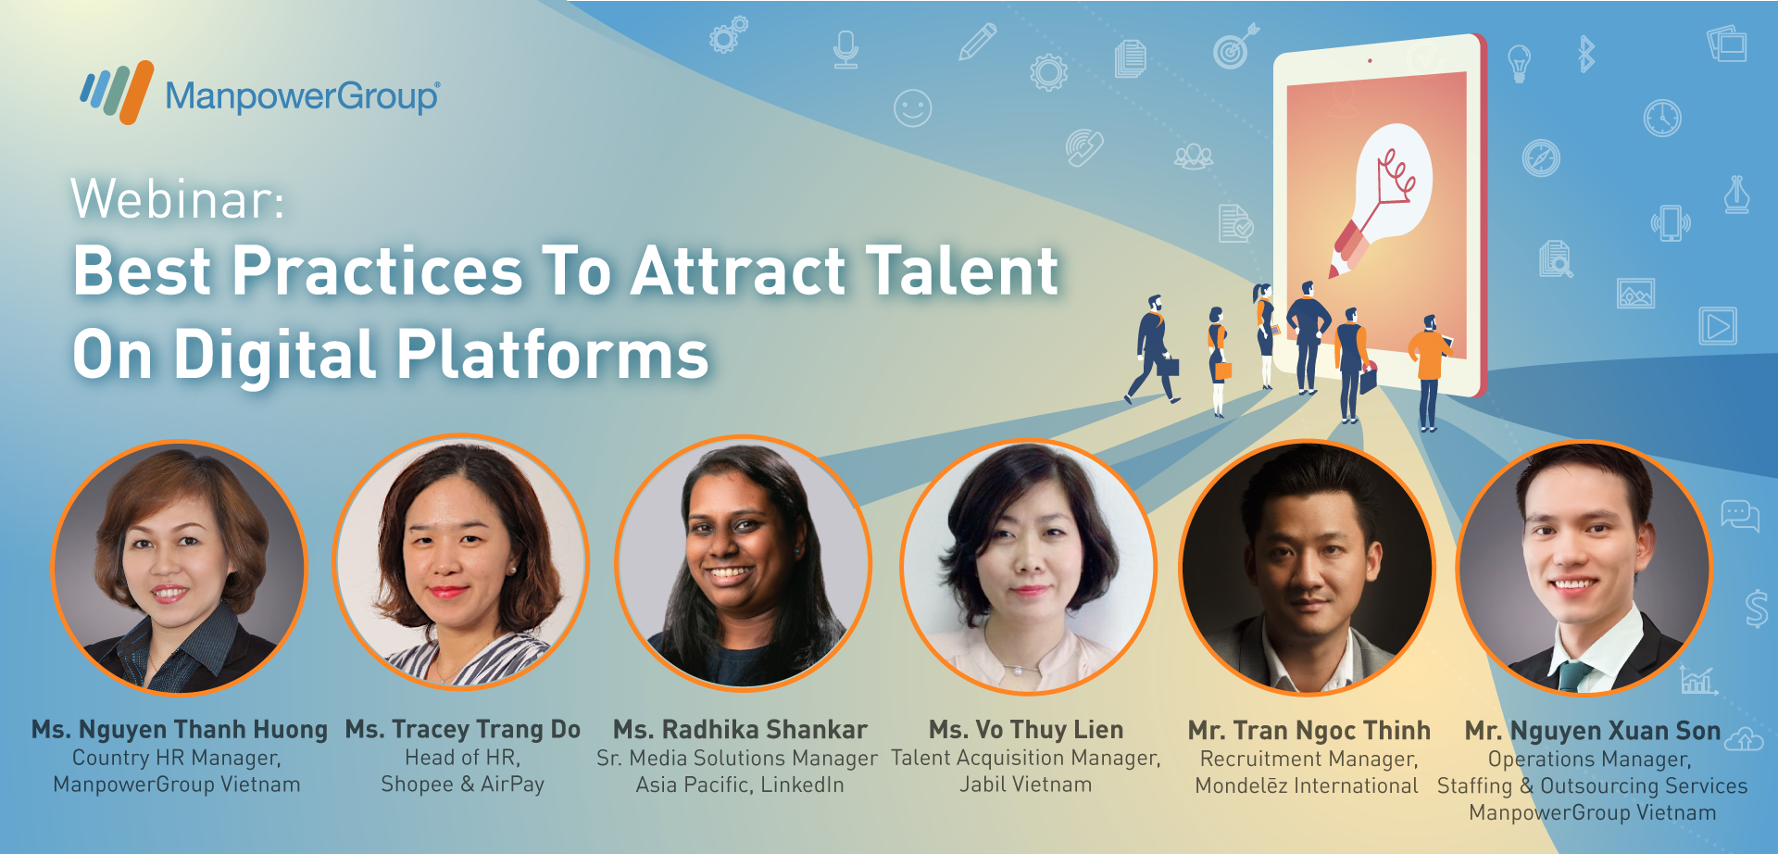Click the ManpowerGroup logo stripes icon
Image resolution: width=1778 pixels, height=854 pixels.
(x=117, y=92)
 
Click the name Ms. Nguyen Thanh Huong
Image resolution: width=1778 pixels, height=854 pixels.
(x=180, y=730)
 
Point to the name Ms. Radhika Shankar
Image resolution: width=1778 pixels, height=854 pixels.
(x=740, y=730)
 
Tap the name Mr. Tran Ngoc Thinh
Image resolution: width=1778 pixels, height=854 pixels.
(x=1309, y=731)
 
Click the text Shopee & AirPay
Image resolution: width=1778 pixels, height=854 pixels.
(x=462, y=785)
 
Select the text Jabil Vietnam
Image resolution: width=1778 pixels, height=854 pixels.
(x=1026, y=785)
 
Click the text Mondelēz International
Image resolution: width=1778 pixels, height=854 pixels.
(x=1307, y=785)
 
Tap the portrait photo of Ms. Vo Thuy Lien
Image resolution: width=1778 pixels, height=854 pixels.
(x=1027, y=566)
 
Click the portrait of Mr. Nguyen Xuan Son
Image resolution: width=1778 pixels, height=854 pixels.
(x=1584, y=567)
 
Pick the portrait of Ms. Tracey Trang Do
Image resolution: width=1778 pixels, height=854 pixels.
(x=460, y=562)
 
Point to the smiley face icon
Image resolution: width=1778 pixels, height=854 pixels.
(x=912, y=108)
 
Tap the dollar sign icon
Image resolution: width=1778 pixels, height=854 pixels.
(x=1757, y=609)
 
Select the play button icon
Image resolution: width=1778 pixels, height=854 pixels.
(x=1718, y=326)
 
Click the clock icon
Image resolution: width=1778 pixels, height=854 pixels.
(x=1662, y=118)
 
